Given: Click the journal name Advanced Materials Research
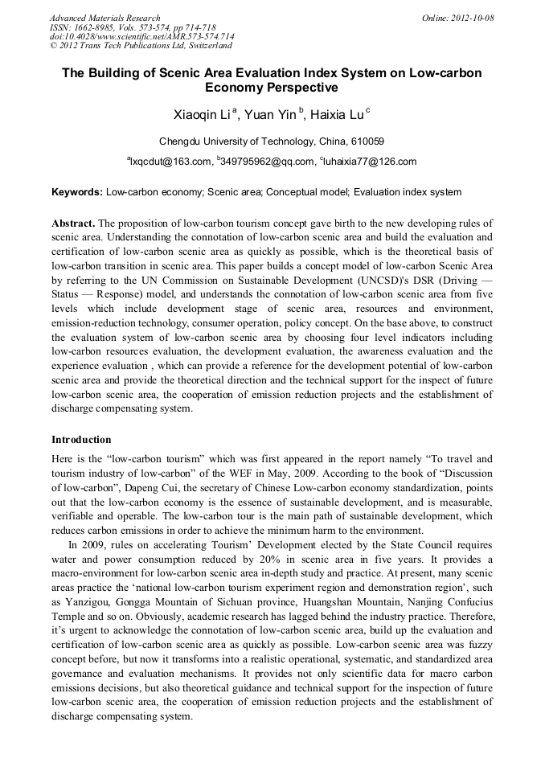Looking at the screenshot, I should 105,18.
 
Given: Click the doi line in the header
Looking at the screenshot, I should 142,37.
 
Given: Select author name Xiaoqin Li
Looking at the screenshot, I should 201,115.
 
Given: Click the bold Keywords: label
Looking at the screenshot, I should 77,193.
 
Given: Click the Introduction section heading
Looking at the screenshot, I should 81,440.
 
